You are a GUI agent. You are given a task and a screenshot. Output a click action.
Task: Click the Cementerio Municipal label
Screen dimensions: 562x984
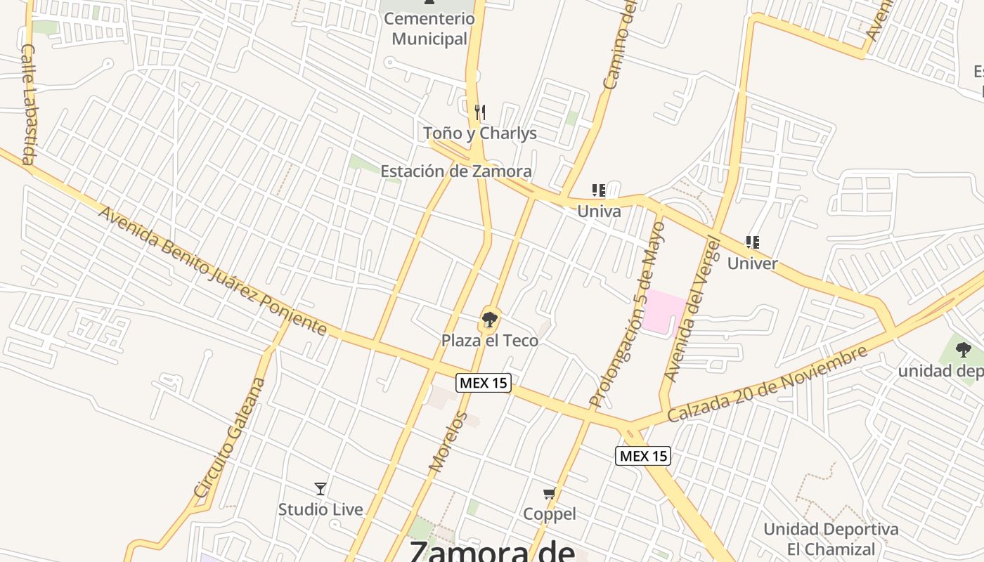pyautogui.click(x=429, y=29)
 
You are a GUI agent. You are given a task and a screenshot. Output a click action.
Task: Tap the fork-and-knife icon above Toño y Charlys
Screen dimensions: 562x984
pyautogui.click(x=480, y=112)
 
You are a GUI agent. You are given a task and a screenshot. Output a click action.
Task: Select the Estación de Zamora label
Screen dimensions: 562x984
pyautogui.click(x=455, y=171)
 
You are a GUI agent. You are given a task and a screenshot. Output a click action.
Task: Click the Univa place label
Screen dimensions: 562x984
pyautogui.click(x=599, y=211)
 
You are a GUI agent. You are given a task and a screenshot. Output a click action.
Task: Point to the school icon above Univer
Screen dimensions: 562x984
pyautogui.click(x=753, y=242)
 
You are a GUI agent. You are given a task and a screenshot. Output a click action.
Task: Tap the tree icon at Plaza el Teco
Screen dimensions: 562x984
pyautogui.click(x=488, y=320)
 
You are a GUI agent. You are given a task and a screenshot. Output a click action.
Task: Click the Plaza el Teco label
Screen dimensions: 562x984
pyautogui.click(x=489, y=341)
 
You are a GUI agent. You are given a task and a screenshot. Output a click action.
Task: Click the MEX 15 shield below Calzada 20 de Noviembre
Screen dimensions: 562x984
pyautogui.click(x=643, y=456)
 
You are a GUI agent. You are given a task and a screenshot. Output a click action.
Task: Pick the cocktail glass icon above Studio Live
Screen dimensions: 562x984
pyautogui.click(x=321, y=488)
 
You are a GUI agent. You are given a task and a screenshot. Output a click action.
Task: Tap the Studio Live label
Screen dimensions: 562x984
pyautogui.click(x=321, y=509)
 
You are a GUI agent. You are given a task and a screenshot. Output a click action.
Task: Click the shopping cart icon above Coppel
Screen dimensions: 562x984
pyautogui.click(x=550, y=494)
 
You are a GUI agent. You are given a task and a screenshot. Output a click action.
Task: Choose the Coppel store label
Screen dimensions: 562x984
pyautogui.click(x=550, y=514)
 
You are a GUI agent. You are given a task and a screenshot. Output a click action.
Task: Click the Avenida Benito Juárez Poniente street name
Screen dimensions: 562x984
pyautogui.click(x=212, y=270)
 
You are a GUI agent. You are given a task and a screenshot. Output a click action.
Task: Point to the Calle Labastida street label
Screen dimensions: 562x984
pyautogui.click(x=29, y=104)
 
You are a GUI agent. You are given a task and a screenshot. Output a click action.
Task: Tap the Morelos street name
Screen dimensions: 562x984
pyautogui.click(x=448, y=441)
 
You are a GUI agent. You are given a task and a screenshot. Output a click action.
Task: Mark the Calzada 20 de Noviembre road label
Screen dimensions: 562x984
pyautogui.click(x=767, y=384)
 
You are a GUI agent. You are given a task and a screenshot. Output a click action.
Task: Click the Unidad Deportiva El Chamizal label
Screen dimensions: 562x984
pyautogui.click(x=831, y=539)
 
